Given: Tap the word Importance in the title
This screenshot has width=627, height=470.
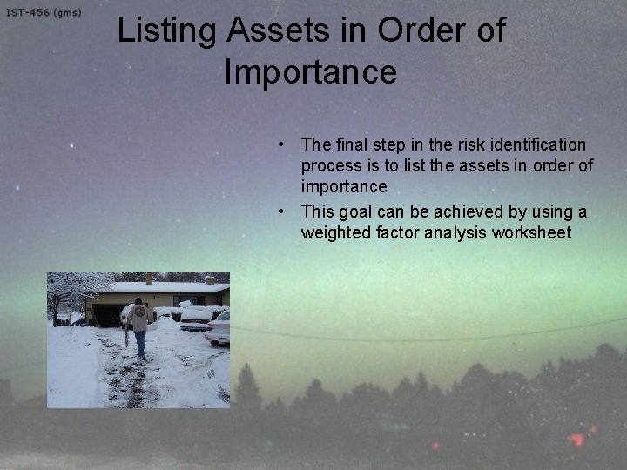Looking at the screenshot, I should coord(310,71).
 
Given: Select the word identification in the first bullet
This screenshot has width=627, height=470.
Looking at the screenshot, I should coord(536,144).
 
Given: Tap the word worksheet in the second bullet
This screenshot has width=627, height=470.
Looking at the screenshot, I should coord(531,232).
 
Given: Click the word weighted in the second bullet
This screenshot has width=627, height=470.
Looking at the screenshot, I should coord(336,232).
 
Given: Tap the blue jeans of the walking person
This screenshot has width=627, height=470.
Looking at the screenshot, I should coord(140,343).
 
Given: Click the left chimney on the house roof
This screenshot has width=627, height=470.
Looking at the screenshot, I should coord(150,279).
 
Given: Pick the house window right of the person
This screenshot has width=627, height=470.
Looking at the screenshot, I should coord(186,300).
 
